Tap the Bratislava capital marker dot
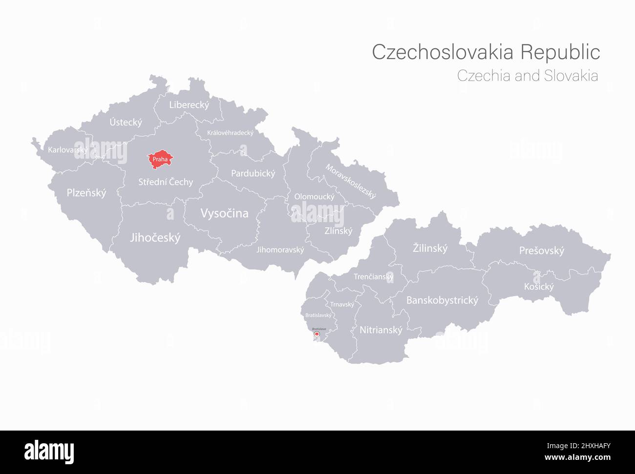pos(317,335)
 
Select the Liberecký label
pos(189,104)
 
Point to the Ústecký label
pos(126,122)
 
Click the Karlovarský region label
pos(68,150)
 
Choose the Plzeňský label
pos(86,193)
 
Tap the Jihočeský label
pos(155,238)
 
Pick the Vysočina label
pos(224,213)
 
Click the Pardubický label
pos(253,173)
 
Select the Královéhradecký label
pos(230,133)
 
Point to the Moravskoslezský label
pos(351,181)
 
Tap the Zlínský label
pos(338,231)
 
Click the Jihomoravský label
pos(280,249)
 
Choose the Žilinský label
pos(430,248)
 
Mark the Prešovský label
pos(541,251)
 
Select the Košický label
pos(539,287)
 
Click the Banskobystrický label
pos(442,300)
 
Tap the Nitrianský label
pos(381,330)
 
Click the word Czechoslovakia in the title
pos(443,52)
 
